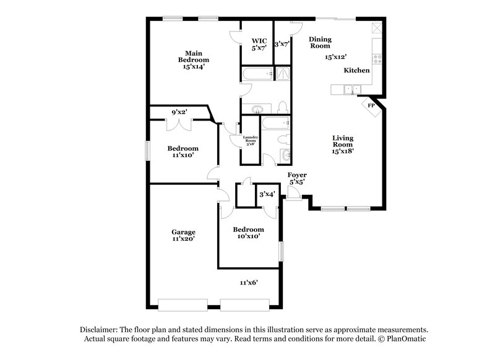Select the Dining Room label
tap(320, 42)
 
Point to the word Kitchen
tap(357, 71)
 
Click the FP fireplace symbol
tap(371, 106)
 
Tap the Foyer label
tap(297, 175)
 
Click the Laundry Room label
tap(250, 140)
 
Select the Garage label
tap(183, 233)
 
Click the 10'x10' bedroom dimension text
tap(247, 236)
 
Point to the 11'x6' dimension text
tap(249, 283)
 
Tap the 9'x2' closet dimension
tap(179, 112)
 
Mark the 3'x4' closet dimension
tap(267, 194)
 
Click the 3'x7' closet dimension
tap(282, 43)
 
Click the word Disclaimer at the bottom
tap(100, 330)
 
